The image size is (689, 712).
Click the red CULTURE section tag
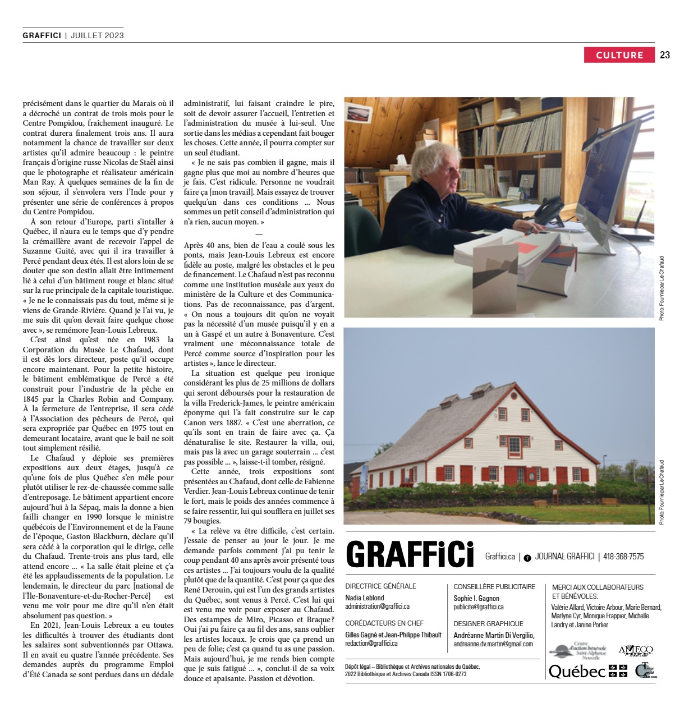tap(619, 55)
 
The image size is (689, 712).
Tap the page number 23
tap(665, 55)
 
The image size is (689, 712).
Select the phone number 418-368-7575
tap(623, 557)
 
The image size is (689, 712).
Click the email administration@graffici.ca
tap(377, 607)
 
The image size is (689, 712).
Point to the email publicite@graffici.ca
tap(479, 607)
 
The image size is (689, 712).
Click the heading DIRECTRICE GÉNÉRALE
tap(380, 586)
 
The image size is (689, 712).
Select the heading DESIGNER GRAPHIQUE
tap(488, 624)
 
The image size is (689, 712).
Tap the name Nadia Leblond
tap(365, 598)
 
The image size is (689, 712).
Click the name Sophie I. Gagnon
tap(476, 599)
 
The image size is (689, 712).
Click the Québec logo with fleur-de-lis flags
tap(587, 671)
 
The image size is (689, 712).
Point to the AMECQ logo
tap(636, 650)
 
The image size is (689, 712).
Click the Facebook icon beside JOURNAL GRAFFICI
tap(527, 558)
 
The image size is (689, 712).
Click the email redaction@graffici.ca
tap(371, 644)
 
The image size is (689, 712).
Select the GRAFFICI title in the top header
tap(42, 35)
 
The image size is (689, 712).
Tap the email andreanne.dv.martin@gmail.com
tap(493, 644)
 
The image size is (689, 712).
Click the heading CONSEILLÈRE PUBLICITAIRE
tap(494, 587)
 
